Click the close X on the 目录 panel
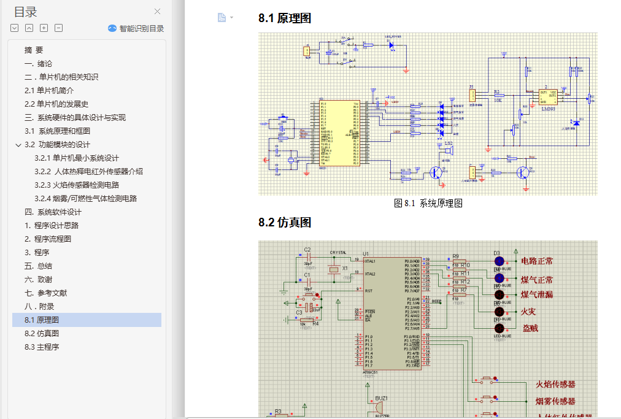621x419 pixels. pyautogui.click(x=158, y=11)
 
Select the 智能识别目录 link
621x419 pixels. pyautogui.click(x=141, y=28)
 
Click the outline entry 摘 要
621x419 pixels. pyautogui.click(x=34, y=50)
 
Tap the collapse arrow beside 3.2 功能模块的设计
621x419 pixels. pyautogui.click(x=18, y=145)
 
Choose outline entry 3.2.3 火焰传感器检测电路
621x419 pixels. pyautogui.click(x=85, y=185)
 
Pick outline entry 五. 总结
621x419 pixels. pyautogui.click(x=38, y=266)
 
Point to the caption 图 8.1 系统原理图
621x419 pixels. pyautogui.click(x=428, y=203)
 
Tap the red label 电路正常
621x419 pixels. pyautogui.click(x=537, y=261)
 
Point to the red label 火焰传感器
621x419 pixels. pyautogui.click(x=555, y=385)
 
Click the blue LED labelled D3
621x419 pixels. pyautogui.click(x=499, y=261)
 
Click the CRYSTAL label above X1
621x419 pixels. pyautogui.click(x=338, y=253)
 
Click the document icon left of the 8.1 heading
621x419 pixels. pyautogui.click(x=222, y=18)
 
